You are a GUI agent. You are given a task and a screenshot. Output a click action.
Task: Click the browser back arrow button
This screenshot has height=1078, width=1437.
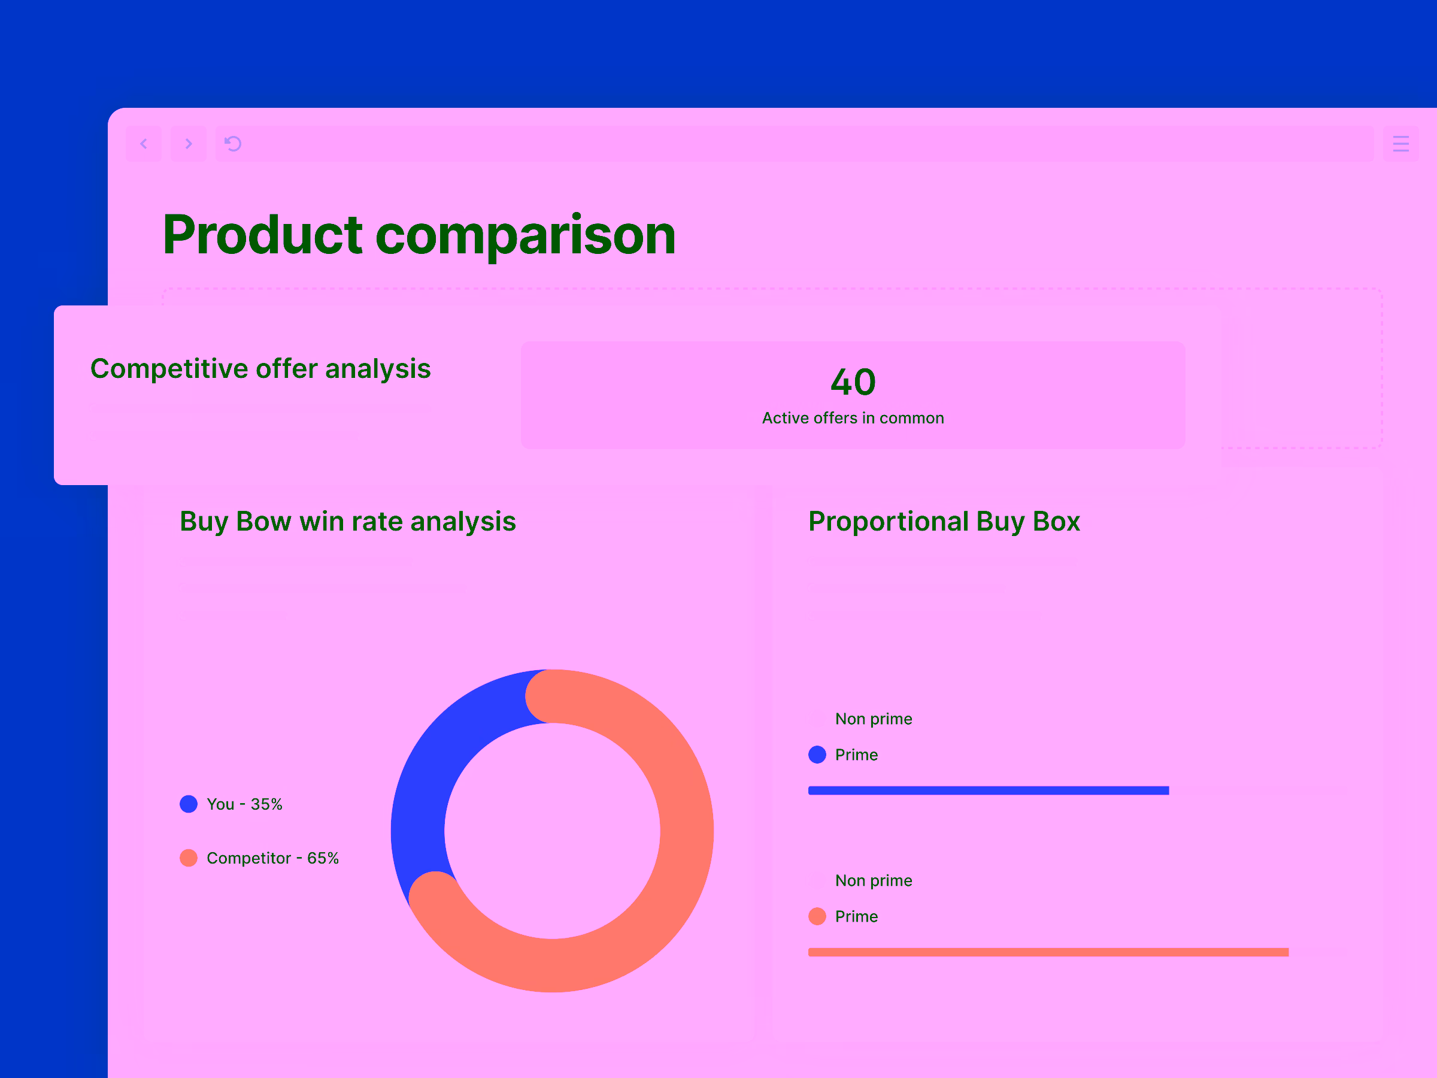tap(144, 144)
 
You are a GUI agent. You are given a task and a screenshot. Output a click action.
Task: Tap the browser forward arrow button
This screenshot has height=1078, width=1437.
tap(189, 144)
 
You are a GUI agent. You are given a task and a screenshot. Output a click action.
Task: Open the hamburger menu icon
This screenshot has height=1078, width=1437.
tap(1400, 144)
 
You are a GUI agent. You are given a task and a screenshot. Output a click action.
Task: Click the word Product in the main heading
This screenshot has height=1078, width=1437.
tap(262, 235)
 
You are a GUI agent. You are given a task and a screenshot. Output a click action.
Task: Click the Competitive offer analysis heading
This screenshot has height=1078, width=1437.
tap(260, 368)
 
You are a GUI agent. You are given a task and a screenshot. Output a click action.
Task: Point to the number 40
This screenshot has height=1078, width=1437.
tap(853, 381)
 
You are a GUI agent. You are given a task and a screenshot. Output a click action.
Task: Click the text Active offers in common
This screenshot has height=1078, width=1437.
tap(853, 418)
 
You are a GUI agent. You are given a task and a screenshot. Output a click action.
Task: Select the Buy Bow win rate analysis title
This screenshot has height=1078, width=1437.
tap(347, 521)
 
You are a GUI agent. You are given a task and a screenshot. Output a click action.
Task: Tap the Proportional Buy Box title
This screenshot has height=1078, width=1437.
tap(944, 521)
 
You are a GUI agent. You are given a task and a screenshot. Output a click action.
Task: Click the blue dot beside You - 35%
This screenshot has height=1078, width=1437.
tap(189, 804)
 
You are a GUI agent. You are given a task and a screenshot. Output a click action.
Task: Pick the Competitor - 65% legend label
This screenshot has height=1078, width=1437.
tap(272, 858)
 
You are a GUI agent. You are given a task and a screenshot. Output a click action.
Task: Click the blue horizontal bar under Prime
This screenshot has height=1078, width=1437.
tap(988, 791)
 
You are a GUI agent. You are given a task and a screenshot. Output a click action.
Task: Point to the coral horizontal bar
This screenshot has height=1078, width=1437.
tap(1048, 952)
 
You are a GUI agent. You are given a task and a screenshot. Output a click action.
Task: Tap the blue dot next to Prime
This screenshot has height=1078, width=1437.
tap(817, 755)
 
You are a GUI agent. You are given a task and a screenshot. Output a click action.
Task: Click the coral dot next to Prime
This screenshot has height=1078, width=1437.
tap(817, 916)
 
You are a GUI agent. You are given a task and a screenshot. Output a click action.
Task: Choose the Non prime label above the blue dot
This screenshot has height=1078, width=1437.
tap(873, 719)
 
